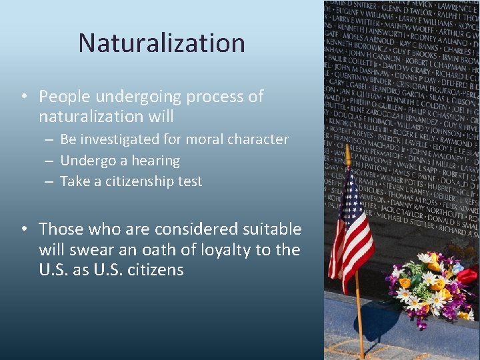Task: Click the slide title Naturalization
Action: click(161, 43)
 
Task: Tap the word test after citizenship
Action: click(189, 181)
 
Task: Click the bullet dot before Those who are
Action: click(23, 229)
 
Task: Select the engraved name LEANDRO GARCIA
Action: click(407, 93)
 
